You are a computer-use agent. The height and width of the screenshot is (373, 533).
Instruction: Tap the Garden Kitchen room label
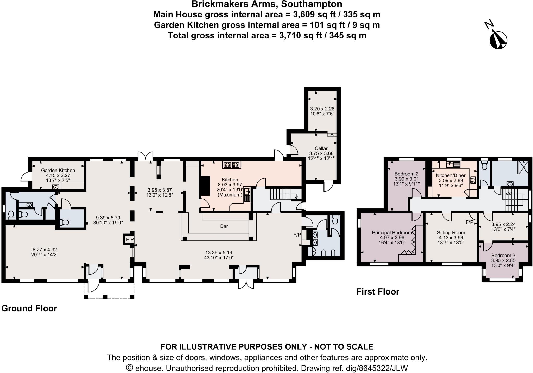click(58, 171)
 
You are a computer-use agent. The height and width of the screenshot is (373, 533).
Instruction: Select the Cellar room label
click(321, 148)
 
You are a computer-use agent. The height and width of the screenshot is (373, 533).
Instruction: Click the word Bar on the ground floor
click(224, 226)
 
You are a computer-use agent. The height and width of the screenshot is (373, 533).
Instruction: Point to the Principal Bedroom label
click(392, 233)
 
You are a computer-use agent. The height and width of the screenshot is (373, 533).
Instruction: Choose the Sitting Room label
click(451, 233)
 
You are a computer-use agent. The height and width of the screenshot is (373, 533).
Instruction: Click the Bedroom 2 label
click(406, 174)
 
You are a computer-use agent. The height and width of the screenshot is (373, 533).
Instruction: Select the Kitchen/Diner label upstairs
click(451, 175)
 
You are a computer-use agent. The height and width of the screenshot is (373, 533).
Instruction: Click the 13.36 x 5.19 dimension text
click(219, 252)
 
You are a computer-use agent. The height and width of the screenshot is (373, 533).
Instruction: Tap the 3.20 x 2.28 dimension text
click(322, 109)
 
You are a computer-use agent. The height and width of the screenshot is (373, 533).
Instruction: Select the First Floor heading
click(378, 292)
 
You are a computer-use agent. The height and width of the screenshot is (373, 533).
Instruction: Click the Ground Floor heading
click(29, 309)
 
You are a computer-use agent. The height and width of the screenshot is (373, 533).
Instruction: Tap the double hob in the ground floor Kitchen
click(232, 165)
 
